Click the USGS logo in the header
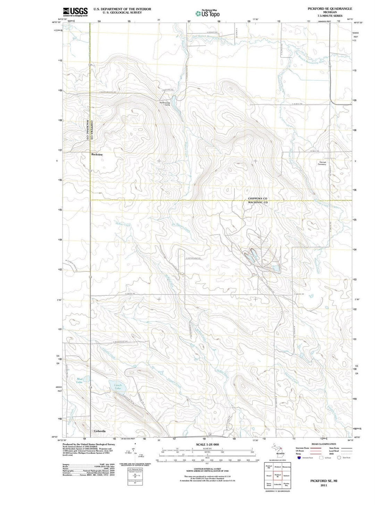75,12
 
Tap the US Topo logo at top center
207,14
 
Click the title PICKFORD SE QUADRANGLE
330,9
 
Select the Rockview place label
97,155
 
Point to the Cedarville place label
100,431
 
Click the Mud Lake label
80,381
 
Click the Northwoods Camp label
165,103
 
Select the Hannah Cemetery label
322,163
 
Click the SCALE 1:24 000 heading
207,444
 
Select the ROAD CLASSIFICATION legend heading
324,444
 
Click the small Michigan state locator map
280,450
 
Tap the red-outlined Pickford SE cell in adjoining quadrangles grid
277,476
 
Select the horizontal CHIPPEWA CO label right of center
258,199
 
